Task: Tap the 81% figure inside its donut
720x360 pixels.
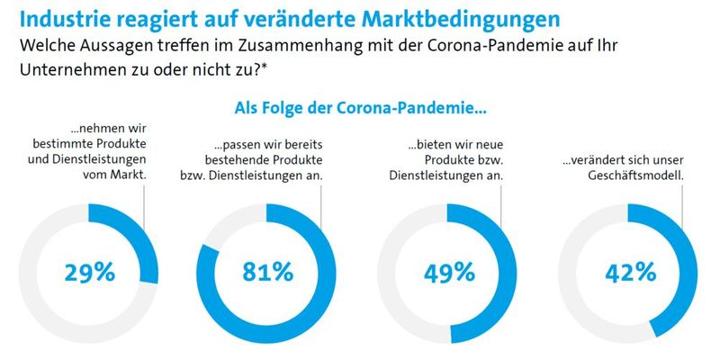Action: [x=267, y=272]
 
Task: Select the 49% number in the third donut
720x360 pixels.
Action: [x=448, y=272]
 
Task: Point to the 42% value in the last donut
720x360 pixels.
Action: [x=628, y=272]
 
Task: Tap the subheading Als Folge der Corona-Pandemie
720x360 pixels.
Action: [x=360, y=110]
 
